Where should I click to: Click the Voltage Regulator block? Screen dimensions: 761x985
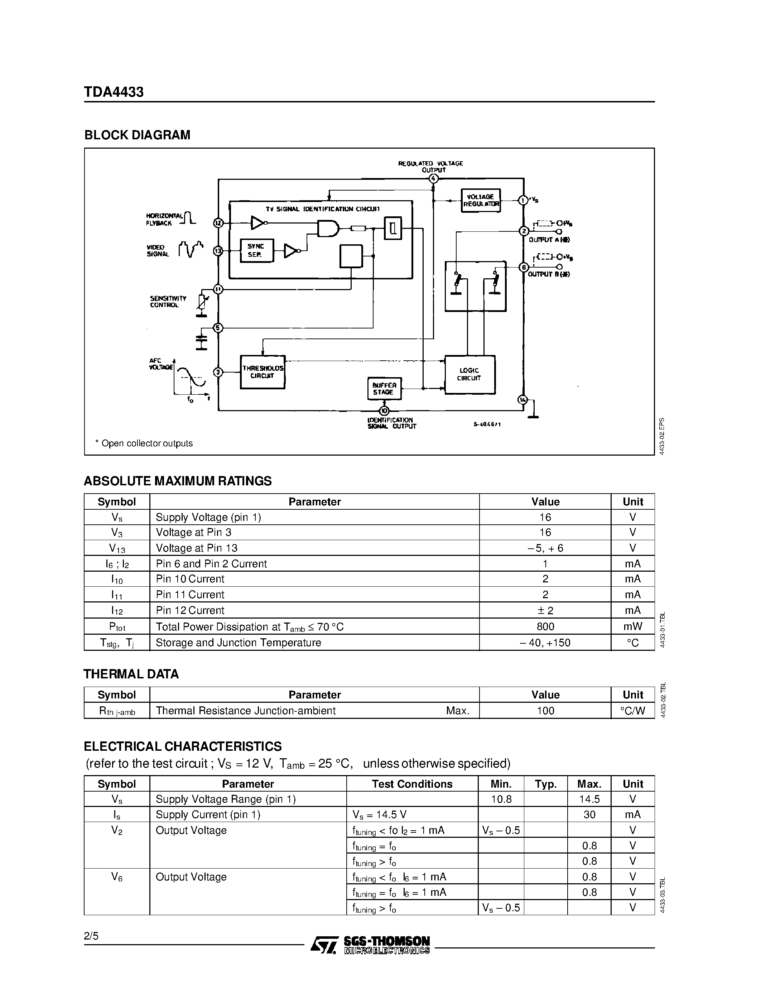click(481, 200)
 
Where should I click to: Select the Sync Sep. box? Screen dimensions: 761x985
click(256, 250)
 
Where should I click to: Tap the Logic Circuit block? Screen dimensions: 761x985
click(469, 374)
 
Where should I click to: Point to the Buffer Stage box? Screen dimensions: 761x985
click(384, 389)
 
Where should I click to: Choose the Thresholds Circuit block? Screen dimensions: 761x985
click(263, 372)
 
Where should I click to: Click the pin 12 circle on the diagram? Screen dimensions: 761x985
click(218, 223)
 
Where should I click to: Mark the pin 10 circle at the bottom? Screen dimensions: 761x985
click(384, 410)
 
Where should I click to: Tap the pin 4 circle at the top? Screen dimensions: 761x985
click(433, 179)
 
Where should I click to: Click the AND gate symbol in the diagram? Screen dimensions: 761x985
click(328, 228)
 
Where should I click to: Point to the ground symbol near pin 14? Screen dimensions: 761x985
click(533, 415)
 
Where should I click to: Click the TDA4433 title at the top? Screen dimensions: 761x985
click(114, 92)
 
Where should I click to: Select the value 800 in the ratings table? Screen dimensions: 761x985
click(545, 626)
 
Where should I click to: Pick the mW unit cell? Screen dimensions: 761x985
click(632, 626)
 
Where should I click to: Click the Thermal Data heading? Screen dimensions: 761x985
click(131, 674)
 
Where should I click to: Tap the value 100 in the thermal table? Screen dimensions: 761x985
click(545, 711)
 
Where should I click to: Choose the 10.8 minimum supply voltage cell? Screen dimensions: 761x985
click(501, 799)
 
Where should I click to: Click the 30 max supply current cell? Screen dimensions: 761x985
click(589, 815)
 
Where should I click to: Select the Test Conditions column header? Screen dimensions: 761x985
click(412, 784)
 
